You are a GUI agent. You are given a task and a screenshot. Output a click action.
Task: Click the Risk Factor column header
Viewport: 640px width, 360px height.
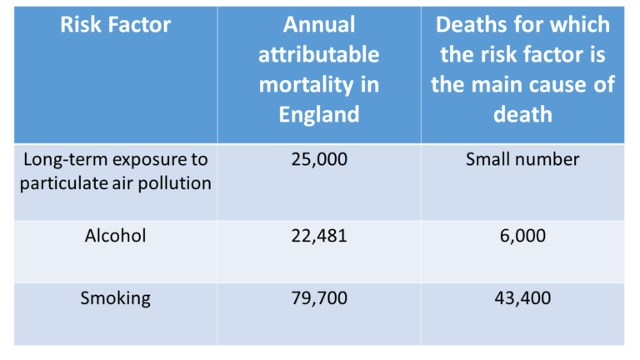[116, 25]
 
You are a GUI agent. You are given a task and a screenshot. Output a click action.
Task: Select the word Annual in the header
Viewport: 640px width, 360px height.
[318, 25]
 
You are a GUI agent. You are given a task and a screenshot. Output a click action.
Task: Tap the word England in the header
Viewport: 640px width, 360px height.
[318, 112]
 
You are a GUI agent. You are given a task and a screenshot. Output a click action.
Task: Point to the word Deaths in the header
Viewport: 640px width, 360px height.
[472, 25]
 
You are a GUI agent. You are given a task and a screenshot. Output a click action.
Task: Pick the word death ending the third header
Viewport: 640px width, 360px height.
[522, 112]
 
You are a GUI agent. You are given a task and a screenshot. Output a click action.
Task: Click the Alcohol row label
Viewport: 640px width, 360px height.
[116, 236]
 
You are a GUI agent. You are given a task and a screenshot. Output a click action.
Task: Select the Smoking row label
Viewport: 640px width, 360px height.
[116, 297]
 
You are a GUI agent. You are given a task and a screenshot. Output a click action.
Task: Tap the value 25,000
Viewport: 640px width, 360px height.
[318, 159]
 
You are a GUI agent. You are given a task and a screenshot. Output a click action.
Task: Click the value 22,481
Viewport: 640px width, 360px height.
[318, 236]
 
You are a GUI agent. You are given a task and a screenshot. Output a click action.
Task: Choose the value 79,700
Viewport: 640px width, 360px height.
[318, 297]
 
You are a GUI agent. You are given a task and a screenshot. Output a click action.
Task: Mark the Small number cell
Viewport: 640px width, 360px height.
[522, 159]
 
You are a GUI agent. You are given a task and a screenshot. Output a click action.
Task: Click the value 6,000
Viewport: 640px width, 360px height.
[522, 236]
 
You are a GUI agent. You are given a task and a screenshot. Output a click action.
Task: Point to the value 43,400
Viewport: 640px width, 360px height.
[522, 297]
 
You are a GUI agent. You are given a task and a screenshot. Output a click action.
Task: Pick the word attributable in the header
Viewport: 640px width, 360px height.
[318, 55]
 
